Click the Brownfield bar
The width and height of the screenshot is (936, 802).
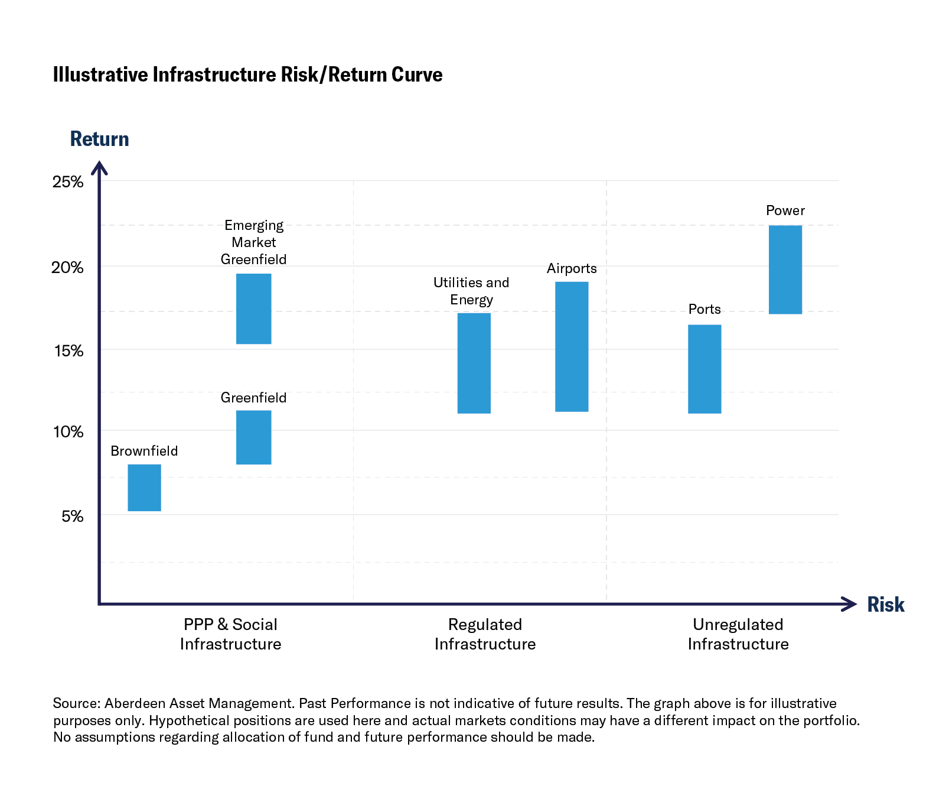tap(144, 488)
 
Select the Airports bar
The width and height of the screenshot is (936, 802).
tap(572, 346)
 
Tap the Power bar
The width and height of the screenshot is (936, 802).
tap(785, 270)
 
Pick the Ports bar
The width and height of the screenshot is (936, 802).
tap(705, 369)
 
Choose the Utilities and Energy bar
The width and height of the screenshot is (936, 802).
tap(474, 363)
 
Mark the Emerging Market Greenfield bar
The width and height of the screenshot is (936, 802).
tap(253, 309)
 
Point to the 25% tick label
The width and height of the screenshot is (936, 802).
tap(68, 182)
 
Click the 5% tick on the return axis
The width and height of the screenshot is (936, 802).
tap(73, 517)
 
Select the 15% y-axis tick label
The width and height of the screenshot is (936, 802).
tap(69, 351)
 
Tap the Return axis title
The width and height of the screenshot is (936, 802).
tap(99, 139)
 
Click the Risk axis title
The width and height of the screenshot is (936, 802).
tap(885, 605)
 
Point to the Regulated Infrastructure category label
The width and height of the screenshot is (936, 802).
tap(485, 634)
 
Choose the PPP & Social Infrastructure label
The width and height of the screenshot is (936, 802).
tap(230, 634)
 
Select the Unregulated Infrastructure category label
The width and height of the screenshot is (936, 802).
tap(738, 634)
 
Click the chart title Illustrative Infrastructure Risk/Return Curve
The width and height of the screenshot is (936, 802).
tap(247, 75)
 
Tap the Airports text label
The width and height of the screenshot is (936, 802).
tap(572, 269)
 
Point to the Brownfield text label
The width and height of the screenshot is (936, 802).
tap(144, 451)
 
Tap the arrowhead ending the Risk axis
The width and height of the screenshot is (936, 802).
tap(850, 604)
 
